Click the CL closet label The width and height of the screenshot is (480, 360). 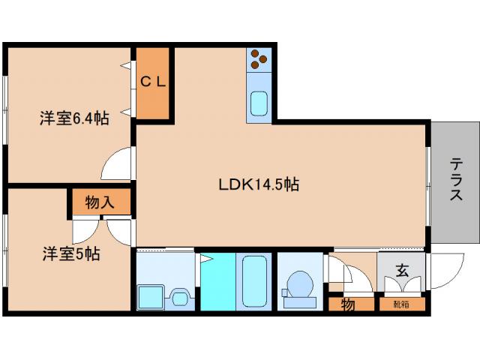[x=153, y=82]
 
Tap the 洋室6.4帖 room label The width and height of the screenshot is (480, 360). [x=74, y=118]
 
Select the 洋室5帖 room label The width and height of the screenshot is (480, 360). [x=71, y=253]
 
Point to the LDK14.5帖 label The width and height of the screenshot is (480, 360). [x=259, y=184]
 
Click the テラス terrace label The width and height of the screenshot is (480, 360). [x=456, y=179]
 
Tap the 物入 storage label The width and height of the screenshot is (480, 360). [x=100, y=202]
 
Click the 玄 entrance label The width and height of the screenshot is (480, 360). [x=402, y=270]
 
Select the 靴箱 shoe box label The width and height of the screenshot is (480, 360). [x=401, y=304]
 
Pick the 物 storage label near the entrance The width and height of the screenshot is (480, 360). [x=348, y=304]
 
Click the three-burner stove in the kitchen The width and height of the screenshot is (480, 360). [x=259, y=59]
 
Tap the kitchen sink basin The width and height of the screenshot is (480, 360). [x=259, y=103]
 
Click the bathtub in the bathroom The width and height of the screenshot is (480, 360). [x=254, y=281]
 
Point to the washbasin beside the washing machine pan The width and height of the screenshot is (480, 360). [x=180, y=298]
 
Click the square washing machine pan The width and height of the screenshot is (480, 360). [x=151, y=297]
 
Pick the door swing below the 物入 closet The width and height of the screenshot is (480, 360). [x=85, y=231]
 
